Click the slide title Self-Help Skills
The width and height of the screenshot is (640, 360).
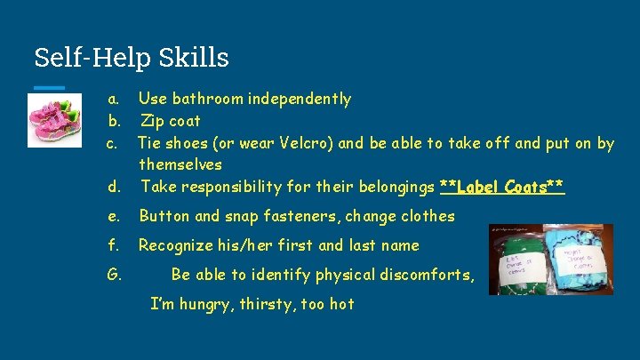coord(132,58)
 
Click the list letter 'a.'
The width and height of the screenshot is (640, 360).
coord(113,99)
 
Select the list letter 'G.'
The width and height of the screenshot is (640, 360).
coord(114,275)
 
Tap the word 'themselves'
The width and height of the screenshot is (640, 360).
coord(180,164)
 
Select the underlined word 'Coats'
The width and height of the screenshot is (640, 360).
coord(530,187)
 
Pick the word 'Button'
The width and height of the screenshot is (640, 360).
coord(164,216)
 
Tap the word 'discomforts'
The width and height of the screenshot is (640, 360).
coord(423,275)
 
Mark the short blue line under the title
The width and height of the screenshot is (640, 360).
coord(50,87)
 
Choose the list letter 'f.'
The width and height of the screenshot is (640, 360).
coord(113,245)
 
